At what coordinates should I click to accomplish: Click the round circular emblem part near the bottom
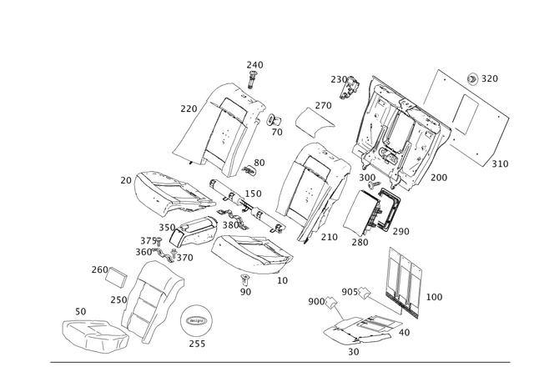pyautogui.click(x=198, y=319)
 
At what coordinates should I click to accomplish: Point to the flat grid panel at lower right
pyautogui.click(x=406, y=280)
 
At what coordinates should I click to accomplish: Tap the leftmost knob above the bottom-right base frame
pyautogui.click(x=331, y=301)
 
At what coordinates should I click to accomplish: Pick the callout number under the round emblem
pyautogui.click(x=197, y=344)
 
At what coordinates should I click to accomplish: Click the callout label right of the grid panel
pyautogui.click(x=435, y=296)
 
